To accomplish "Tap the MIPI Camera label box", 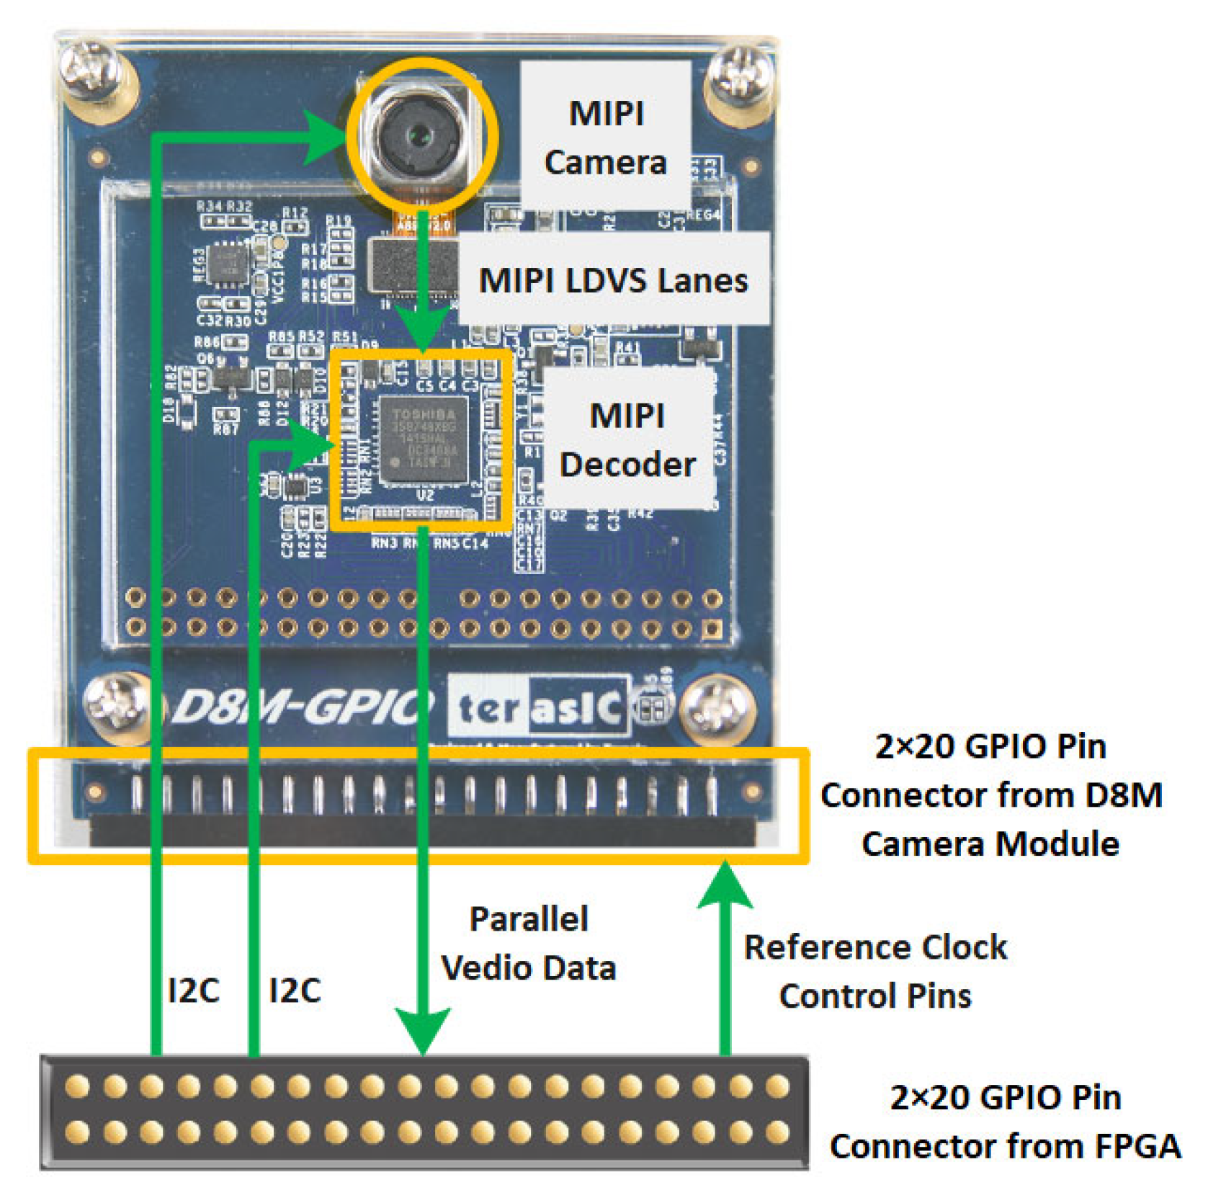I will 606,137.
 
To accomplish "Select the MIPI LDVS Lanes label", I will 613,279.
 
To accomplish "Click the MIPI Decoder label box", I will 627,439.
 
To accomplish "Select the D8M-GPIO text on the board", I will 303,706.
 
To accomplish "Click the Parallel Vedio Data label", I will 529,943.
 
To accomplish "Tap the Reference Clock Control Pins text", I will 874,971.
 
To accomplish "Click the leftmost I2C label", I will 193,990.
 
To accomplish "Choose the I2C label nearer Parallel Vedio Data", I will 295,990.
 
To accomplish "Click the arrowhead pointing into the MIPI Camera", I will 328,137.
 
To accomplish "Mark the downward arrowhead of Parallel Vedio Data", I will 423,1030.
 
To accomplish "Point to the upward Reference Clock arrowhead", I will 725,886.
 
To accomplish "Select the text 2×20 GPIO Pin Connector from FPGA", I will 1005,1122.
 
